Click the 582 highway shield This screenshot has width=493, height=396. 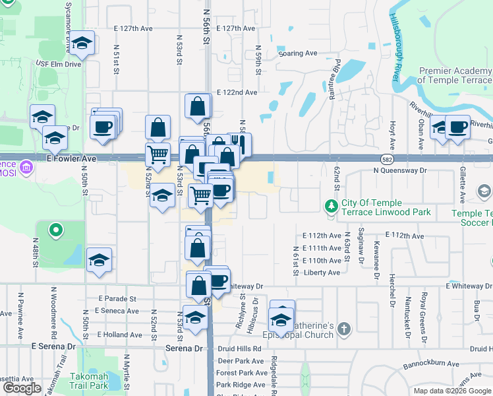pyautogui.click(x=388, y=159)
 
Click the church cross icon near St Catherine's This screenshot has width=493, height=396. pyautogui.click(x=344, y=327)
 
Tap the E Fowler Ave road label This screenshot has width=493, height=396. pyautogui.click(x=72, y=159)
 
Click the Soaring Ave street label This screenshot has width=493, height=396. pyautogui.click(x=299, y=53)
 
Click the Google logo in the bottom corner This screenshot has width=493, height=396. pyautogui.click(x=22, y=388)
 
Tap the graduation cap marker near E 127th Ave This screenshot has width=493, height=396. pyautogui.click(x=83, y=44)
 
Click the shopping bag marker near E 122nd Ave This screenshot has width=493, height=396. pyautogui.click(x=198, y=106)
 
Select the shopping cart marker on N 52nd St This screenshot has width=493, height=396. pyautogui.click(x=158, y=155)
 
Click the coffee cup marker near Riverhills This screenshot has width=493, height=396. pyautogui.click(x=457, y=127)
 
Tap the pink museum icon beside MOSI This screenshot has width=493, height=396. pyautogui.click(x=27, y=167)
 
